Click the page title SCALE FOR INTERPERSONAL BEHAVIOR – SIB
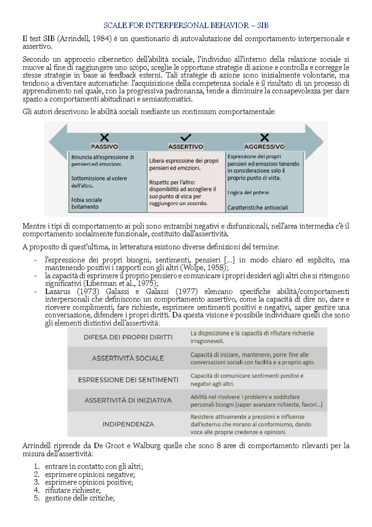pyautogui.click(x=186, y=25)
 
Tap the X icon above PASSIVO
pyautogui.click(x=104, y=137)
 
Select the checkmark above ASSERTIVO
pyautogui.click(x=186, y=137)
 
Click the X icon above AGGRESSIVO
pyautogui.click(x=264, y=137)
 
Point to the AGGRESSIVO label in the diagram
pyautogui.click(x=264, y=147)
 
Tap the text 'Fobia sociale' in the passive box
pyautogui.click(x=86, y=200)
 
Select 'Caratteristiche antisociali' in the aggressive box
pyautogui.click(x=258, y=208)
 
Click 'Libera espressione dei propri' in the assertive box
pyautogui.click(x=184, y=161)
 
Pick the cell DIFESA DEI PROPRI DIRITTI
pyautogui.click(x=128, y=337)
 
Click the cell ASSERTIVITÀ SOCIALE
pyautogui.click(x=128, y=358)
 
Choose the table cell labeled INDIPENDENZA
pyautogui.click(x=128, y=424)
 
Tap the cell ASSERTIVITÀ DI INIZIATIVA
pyautogui.click(x=128, y=400)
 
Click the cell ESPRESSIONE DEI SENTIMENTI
pyautogui.click(x=128, y=380)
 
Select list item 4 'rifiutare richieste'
pyautogui.click(x=73, y=490)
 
